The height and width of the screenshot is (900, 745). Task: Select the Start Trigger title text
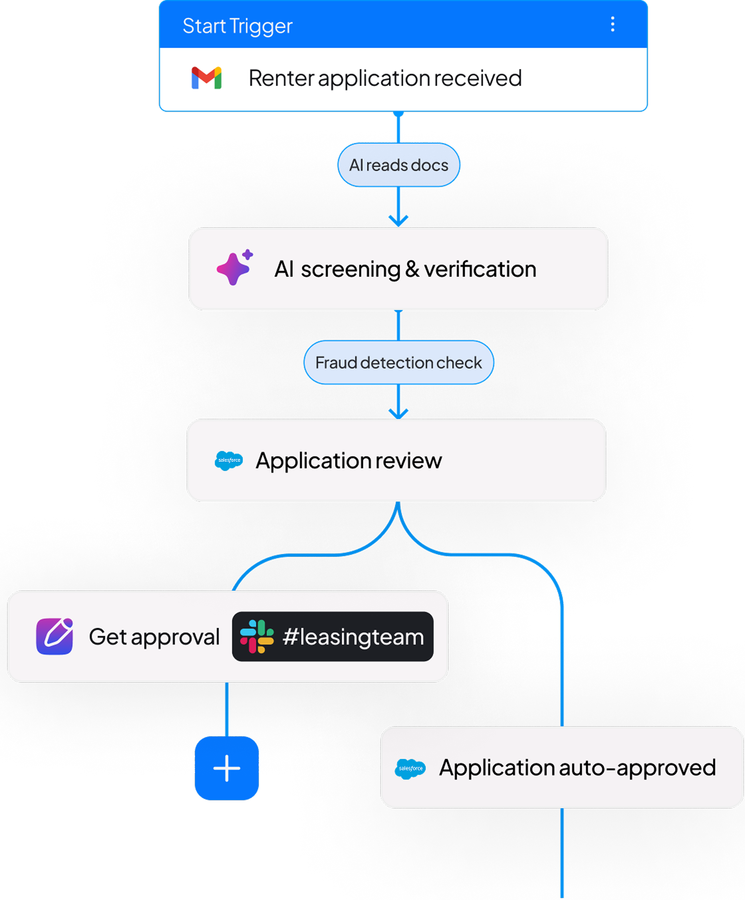click(x=237, y=26)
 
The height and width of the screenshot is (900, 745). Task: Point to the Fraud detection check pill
click(x=399, y=363)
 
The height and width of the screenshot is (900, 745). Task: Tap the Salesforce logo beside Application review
click(x=228, y=461)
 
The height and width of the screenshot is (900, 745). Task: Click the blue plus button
click(x=227, y=769)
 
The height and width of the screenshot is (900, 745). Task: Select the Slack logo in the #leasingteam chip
click(x=257, y=636)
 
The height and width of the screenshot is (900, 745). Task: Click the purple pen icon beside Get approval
click(x=55, y=636)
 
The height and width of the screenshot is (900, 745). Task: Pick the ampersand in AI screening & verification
click(x=412, y=269)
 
